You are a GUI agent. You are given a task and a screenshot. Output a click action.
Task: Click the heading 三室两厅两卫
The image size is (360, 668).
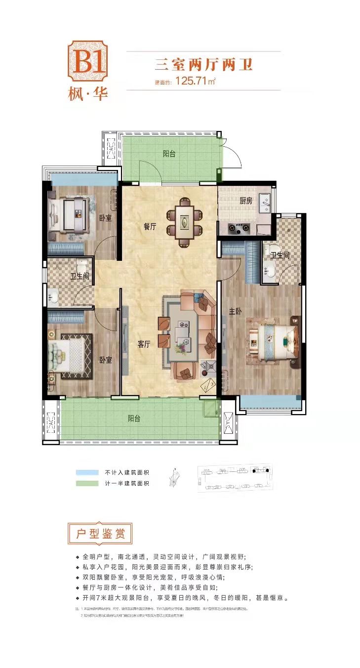(x=204, y=64)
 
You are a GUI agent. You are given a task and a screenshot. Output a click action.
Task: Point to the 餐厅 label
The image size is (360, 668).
(x=150, y=227)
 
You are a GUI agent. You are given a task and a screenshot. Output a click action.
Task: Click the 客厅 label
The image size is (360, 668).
(x=144, y=344)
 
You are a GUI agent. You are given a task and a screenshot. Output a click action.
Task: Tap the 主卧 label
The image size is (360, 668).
(x=235, y=311)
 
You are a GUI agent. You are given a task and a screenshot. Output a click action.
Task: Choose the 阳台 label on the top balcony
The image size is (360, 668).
(x=169, y=154)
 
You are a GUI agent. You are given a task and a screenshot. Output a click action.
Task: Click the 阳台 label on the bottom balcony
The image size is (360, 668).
(x=134, y=418)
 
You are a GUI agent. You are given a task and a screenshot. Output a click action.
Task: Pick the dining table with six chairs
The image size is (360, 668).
(x=184, y=222)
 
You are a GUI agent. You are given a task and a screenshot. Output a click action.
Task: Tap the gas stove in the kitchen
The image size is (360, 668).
(x=239, y=228)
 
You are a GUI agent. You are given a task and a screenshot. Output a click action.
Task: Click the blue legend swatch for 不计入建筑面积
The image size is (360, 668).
(x=87, y=471)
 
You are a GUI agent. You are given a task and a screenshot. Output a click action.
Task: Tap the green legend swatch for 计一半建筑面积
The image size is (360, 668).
(x=87, y=483)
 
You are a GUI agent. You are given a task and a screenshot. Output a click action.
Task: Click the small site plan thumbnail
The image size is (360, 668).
(x=235, y=478)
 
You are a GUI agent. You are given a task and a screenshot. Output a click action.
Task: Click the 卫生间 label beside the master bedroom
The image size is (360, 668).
(x=280, y=255)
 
